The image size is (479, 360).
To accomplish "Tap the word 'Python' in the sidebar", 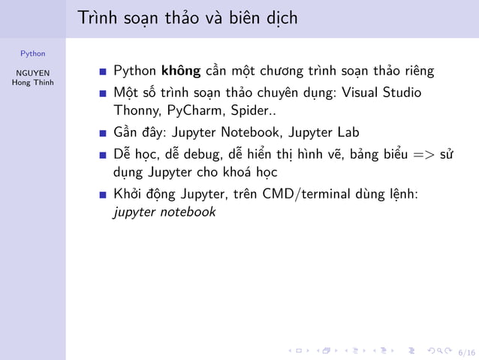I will click(32, 53).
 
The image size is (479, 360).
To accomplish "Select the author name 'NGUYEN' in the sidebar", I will click(32, 73).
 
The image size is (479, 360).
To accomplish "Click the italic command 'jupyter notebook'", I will click(164, 212).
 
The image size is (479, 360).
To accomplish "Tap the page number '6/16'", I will click(466, 351).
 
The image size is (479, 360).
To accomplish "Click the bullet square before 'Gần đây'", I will click(103, 134).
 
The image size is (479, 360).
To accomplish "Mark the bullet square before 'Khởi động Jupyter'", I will click(103, 195).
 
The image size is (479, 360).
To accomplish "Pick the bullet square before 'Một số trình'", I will click(103, 93).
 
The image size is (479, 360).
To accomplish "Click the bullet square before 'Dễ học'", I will click(103, 155).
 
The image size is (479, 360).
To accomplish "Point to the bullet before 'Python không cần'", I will click(103, 73).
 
